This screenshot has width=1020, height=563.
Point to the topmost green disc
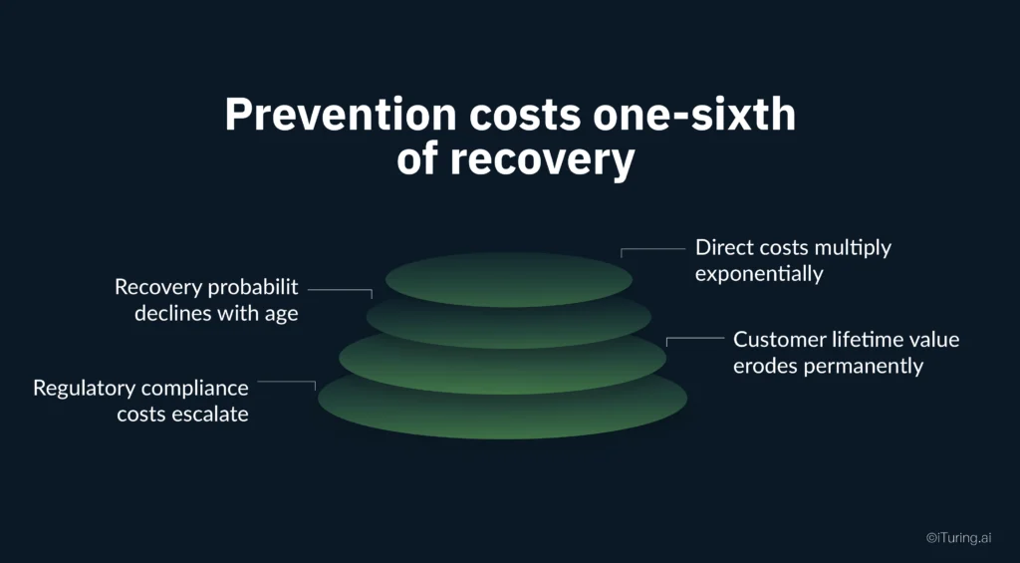point(509,278)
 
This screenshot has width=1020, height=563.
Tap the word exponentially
point(759,273)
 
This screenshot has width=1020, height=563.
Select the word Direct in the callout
point(724,247)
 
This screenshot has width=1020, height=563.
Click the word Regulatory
point(85,388)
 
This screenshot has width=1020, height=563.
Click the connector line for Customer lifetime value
point(694,339)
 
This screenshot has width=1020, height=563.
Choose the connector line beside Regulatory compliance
point(287,382)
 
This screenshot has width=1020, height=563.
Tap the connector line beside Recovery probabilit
point(340,290)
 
